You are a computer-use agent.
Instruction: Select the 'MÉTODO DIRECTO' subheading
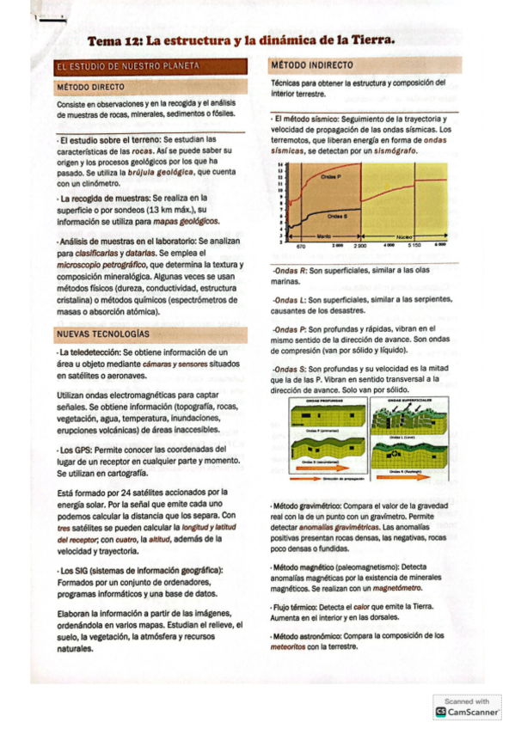90,87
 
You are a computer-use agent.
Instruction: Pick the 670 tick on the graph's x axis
301,246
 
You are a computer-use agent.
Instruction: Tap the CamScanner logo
441,712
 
